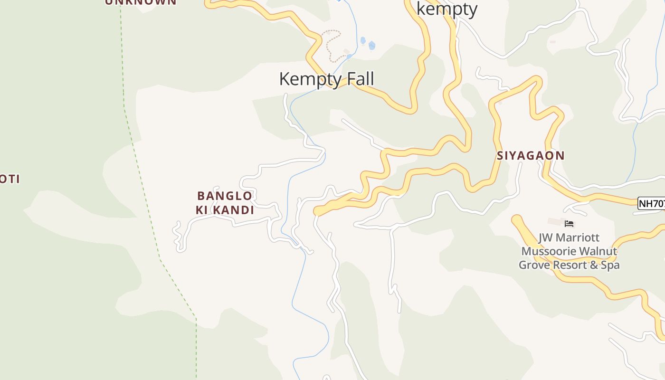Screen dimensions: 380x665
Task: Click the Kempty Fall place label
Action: pos(326,79)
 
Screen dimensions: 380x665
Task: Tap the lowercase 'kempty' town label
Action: pos(446,9)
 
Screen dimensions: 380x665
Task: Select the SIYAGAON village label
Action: pos(531,155)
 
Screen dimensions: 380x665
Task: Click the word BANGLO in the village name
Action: pos(225,196)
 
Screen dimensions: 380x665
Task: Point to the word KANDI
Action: pos(233,210)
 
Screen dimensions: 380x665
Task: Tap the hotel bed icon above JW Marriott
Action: pos(569,223)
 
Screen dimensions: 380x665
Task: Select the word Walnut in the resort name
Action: pos(597,251)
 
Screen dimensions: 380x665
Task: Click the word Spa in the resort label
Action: pos(610,265)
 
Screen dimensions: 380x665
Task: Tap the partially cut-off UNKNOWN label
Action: pos(140,2)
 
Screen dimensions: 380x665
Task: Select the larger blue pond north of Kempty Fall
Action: pos(371,46)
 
